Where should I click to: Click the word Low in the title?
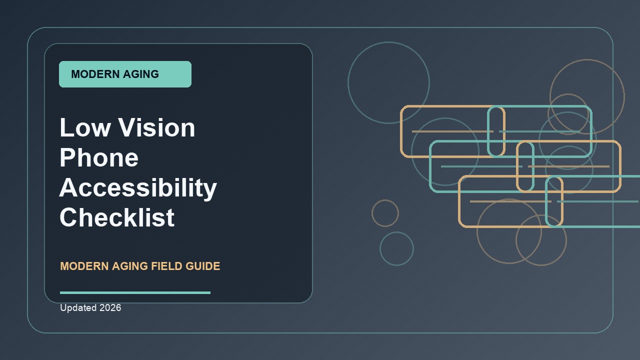[x=85, y=127]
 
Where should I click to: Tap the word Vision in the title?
[x=157, y=127]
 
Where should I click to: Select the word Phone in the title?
[x=99, y=157]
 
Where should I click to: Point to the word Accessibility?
[x=138, y=188]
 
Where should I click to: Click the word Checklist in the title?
[x=117, y=217]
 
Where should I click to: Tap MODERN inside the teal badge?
[x=95, y=74]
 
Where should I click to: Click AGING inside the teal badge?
[x=141, y=74]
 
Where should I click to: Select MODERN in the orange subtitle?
[x=84, y=266]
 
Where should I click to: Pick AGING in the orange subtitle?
[x=130, y=266]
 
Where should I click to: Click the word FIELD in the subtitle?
[x=166, y=266]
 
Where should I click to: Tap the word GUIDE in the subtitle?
[x=203, y=266]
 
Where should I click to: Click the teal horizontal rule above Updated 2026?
[x=135, y=292]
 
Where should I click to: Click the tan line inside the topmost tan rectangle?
[x=452, y=131]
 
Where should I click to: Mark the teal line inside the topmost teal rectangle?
[x=539, y=131]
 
